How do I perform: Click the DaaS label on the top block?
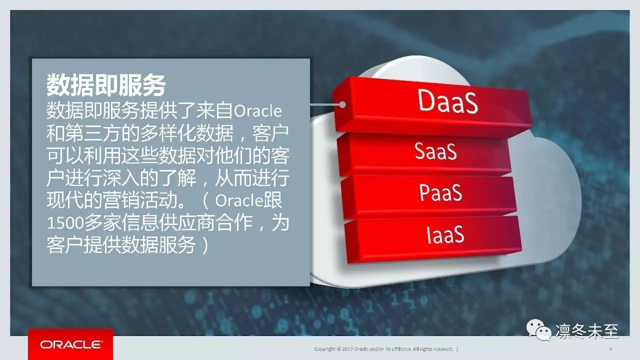[447, 101]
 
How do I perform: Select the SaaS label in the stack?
[435, 151]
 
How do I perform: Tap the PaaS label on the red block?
[440, 192]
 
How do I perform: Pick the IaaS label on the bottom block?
[445, 234]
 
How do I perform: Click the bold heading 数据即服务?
[106, 85]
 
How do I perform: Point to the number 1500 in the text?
[65, 223]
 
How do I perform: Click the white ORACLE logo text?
[70, 344]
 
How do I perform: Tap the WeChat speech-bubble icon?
[539, 330]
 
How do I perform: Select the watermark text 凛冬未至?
[587, 331]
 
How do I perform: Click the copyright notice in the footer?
[383, 349]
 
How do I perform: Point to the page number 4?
[610, 349]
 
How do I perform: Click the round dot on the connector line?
[342, 105]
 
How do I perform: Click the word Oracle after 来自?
[257, 111]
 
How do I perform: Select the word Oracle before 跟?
[239, 200]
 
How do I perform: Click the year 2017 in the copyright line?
[347, 349]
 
